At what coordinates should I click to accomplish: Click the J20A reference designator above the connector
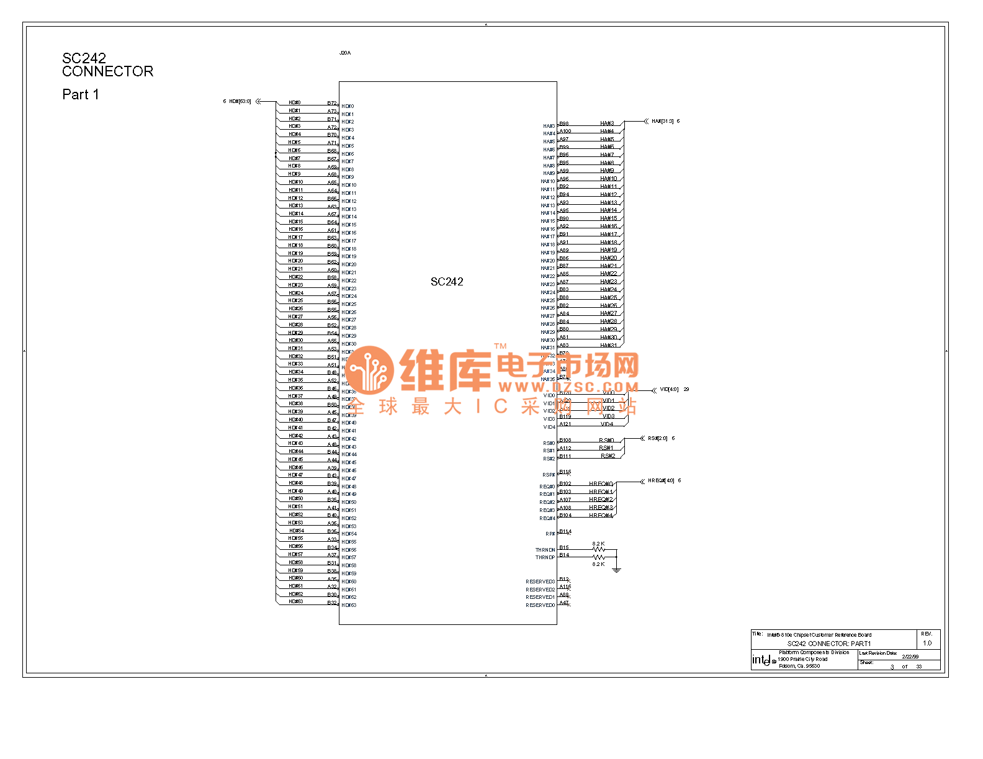345,53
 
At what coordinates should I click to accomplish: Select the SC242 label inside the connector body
447,282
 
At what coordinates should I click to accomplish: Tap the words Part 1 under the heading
80,94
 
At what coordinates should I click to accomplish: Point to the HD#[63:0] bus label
240,101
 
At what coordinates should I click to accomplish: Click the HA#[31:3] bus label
662,121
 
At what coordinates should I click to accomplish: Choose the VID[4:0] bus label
669,390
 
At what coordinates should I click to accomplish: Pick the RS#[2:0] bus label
657,438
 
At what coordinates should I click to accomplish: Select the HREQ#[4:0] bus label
661,480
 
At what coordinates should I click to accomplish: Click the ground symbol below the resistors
616,570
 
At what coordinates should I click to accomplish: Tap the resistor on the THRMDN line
598,549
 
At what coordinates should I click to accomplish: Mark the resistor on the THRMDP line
598,557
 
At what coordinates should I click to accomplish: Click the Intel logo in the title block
764,660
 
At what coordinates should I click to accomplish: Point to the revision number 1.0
927,643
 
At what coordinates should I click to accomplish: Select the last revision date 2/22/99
910,657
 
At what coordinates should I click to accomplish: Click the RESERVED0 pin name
540,605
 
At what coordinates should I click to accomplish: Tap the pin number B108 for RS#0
565,440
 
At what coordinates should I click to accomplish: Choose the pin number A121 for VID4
565,424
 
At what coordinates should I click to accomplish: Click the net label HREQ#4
601,515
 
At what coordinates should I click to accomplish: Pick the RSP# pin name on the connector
549,475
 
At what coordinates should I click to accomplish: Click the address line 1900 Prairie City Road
802,659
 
